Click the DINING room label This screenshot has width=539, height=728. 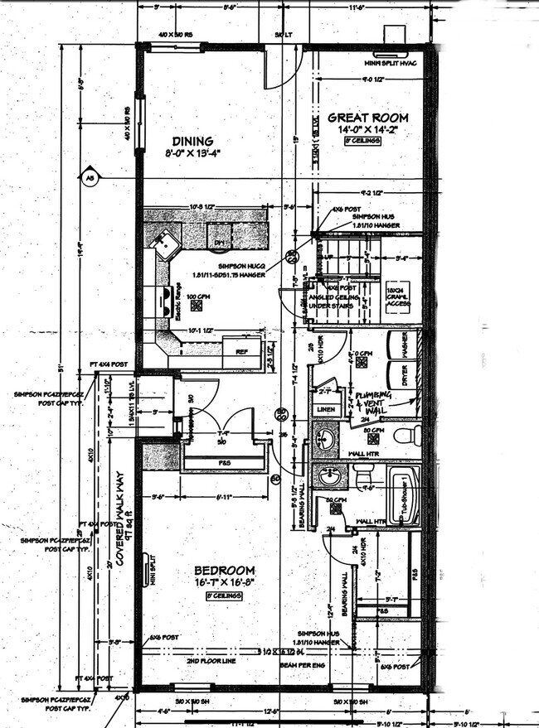click(x=192, y=142)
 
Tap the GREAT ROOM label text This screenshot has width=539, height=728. click(x=362, y=118)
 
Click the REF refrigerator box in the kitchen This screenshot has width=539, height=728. click(x=242, y=351)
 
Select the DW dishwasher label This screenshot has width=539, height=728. click(x=221, y=243)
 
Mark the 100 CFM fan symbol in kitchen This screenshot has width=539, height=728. click(x=197, y=304)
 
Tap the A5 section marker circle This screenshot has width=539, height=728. click(x=87, y=176)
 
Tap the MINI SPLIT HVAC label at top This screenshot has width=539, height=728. click(x=390, y=63)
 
